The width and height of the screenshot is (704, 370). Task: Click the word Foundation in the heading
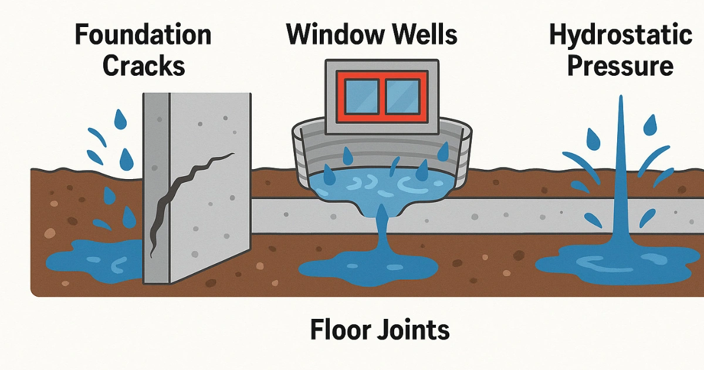click(x=143, y=36)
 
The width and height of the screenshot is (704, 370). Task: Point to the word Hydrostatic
click(x=620, y=36)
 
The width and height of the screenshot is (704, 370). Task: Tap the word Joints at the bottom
click(x=415, y=330)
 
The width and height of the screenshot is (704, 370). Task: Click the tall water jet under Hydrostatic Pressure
click(x=621, y=176)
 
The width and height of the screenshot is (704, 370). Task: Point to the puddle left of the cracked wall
click(x=94, y=258)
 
